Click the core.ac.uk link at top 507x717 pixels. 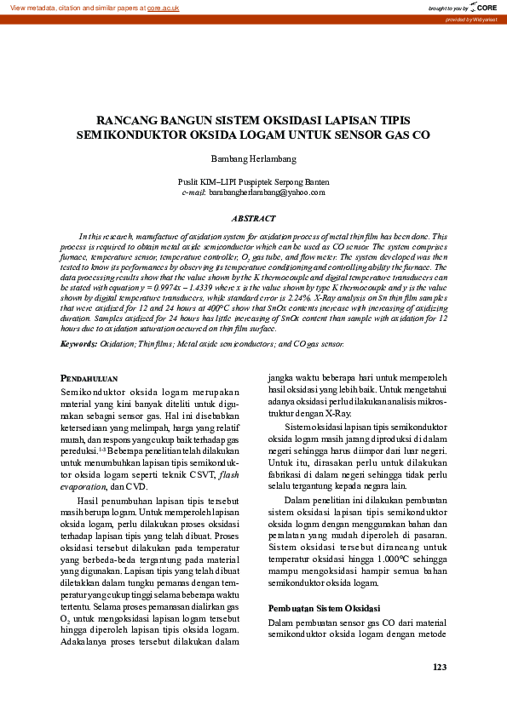[163, 8]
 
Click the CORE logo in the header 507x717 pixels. [482, 8]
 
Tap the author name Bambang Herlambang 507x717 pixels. [253, 159]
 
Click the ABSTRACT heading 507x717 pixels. [253, 219]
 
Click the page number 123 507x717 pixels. [440, 667]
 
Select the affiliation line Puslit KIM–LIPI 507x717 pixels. [253, 182]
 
